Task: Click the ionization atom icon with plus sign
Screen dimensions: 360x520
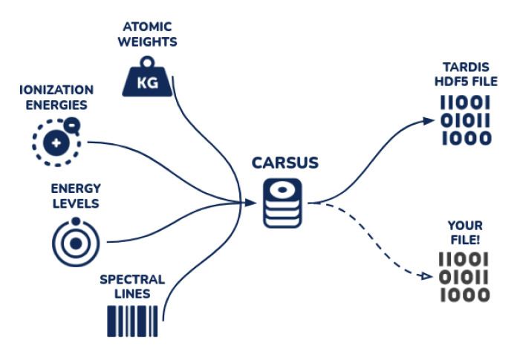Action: click(54, 141)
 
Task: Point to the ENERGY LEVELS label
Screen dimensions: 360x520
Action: click(75, 196)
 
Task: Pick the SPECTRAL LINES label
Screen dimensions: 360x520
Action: click(132, 286)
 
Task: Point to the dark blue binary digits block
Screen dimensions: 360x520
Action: click(465, 120)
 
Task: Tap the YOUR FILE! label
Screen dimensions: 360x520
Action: click(465, 232)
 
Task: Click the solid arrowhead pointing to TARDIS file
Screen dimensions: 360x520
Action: click(425, 120)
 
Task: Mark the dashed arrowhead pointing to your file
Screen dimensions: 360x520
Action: click(425, 276)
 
